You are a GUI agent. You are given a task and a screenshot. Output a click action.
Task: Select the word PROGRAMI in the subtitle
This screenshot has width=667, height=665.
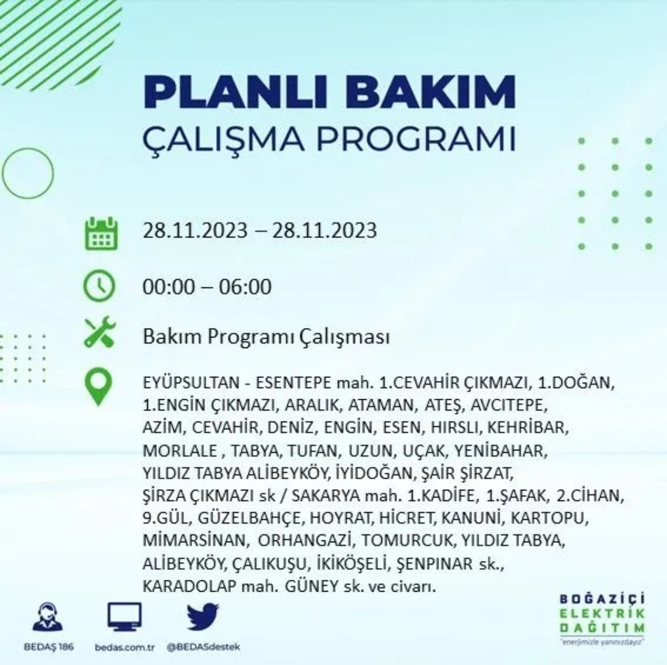click(416, 140)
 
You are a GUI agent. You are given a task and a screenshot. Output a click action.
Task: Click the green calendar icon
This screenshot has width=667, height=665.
click(101, 234)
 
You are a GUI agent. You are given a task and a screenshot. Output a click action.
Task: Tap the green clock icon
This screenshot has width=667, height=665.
click(99, 286)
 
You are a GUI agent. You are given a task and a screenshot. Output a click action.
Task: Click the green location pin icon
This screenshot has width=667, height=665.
click(99, 387)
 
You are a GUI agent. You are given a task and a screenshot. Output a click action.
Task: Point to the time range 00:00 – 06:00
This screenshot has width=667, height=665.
click(207, 287)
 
